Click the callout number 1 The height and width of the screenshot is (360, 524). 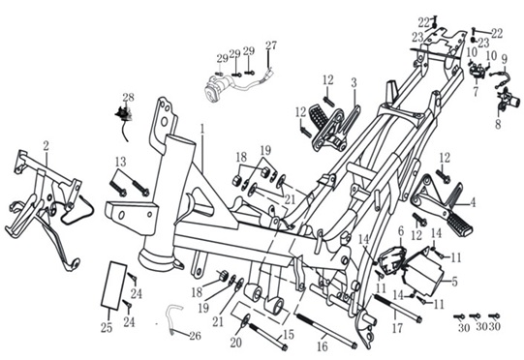[x=201, y=130]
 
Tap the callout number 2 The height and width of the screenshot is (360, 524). [x=46, y=146]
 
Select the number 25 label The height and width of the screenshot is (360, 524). [x=107, y=328]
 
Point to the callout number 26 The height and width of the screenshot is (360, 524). [x=195, y=335]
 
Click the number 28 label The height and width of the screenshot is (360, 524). [x=128, y=97]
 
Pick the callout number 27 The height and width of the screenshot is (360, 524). [x=271, y=45]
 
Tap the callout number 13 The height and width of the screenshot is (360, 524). [x=121, y=162]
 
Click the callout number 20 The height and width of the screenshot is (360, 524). [x=236, y=342]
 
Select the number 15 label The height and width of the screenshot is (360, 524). [x=289, y=334]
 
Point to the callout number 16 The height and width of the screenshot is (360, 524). [x=323, y=346]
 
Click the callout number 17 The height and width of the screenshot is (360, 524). [x=397, y=328]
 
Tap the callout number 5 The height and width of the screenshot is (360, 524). [x=454, y=282]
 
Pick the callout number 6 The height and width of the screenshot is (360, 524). [x=401, y=230]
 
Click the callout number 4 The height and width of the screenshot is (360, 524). [x=473, y=202]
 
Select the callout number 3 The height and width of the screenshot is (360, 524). [x=354, y=83]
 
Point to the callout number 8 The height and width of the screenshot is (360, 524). [x=498, y=125]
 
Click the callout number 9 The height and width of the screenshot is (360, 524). [x=505, y=59]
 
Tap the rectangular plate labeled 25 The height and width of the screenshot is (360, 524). [x=114, y=285]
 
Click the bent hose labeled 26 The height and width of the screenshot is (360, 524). [x=172, y=317]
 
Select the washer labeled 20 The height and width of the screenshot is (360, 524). [x=245, y=320]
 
